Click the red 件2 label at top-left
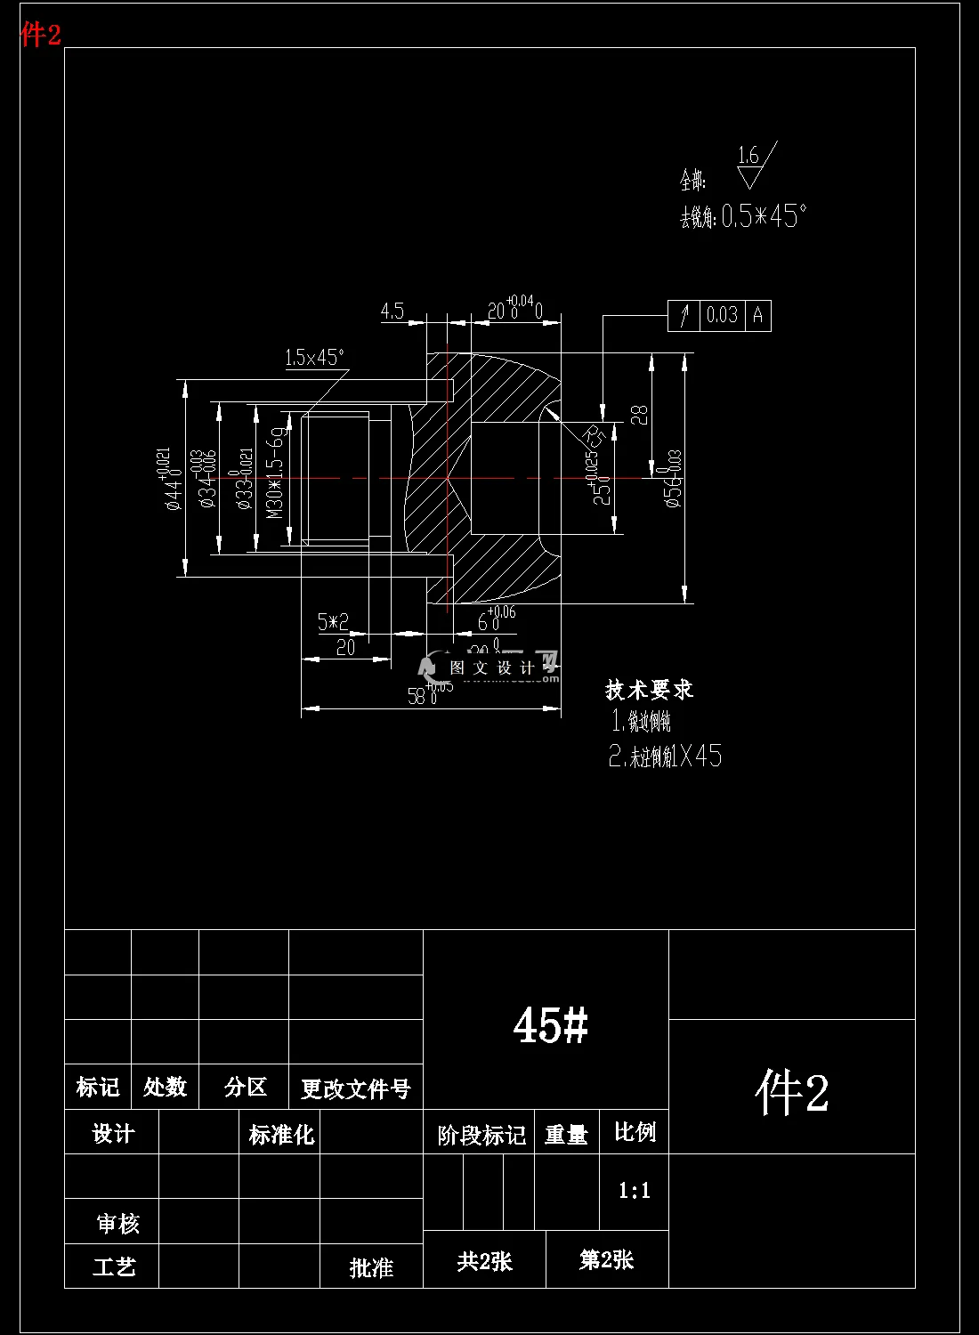(41, 35)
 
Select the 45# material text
(550, 1025)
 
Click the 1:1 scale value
(634, 1191)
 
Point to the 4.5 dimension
(392, 311)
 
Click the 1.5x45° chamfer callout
(314, 358)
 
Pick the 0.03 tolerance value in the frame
(722, 315)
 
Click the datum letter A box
(757, 315)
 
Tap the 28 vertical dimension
(638, 414)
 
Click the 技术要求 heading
(649, 690)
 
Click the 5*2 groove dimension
(333, 622)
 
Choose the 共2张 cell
(484, 1261)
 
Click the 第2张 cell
(606, 1260)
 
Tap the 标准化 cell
(280, 1135)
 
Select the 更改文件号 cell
(355, 1088)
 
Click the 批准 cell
(371, 1267)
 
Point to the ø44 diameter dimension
(173, 479)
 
